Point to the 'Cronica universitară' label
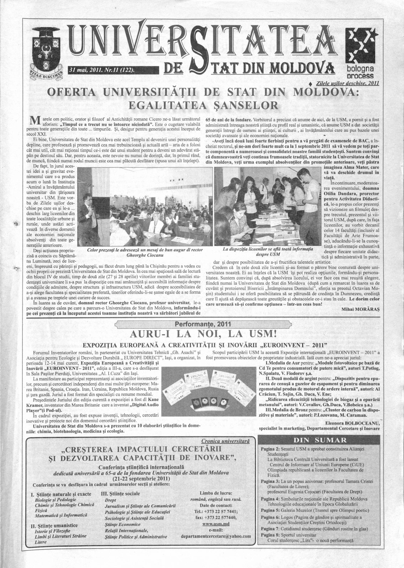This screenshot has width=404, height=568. click(x=225, y=441)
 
